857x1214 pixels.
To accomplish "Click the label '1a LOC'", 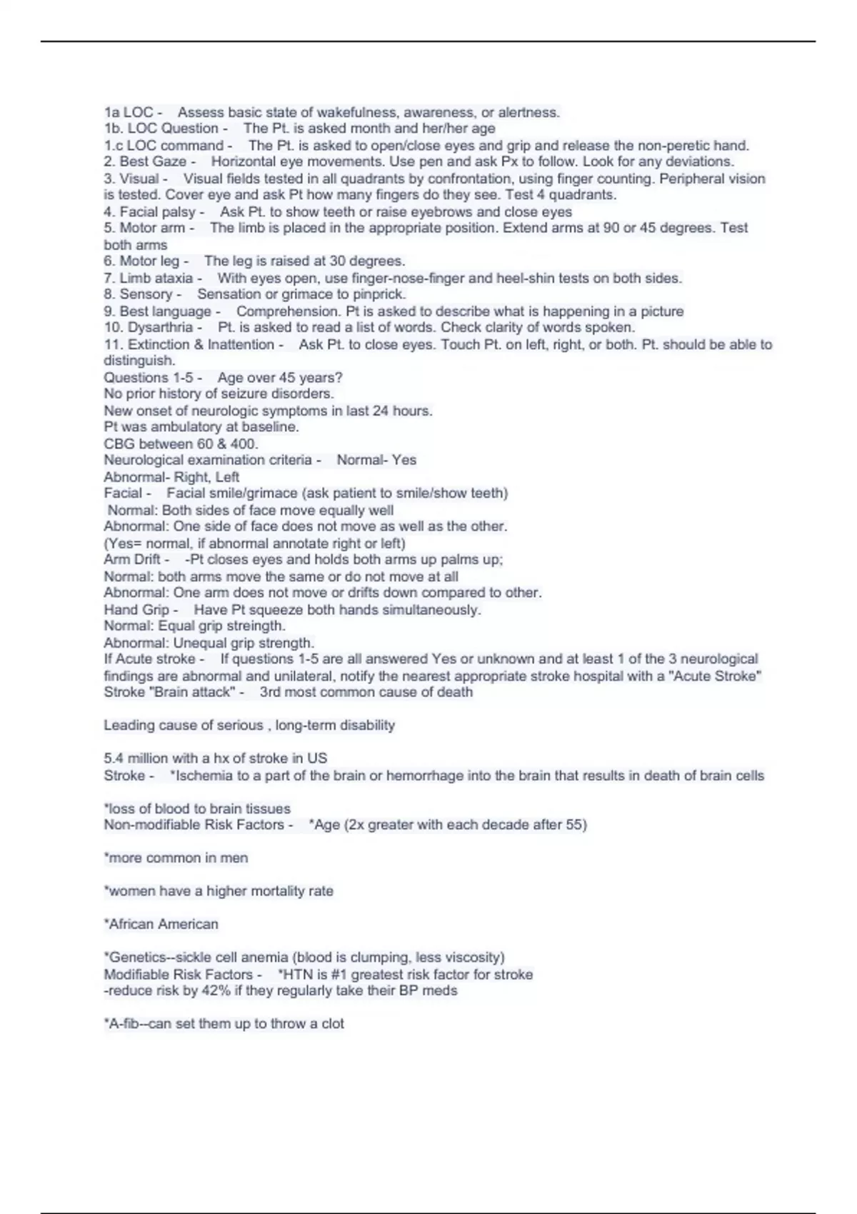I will (x=129, y=112).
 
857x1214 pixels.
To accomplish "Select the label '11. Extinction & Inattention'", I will (x=189, y=344).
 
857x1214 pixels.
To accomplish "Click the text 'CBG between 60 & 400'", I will (x=181, y=443).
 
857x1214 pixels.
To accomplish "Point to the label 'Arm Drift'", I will (x=132, y=559).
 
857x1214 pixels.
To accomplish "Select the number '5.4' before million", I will (x=116, y=758).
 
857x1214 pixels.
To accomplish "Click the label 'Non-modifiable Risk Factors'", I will (x=194, y=825).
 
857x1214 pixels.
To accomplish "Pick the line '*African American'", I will (x=161, y=924).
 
